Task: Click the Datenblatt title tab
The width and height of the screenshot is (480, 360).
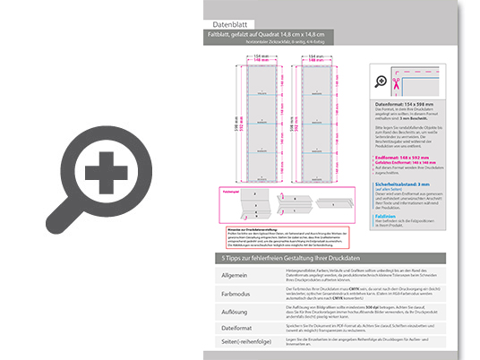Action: (228, 24)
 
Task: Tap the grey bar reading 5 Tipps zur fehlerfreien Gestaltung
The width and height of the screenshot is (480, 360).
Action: (296, 258)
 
